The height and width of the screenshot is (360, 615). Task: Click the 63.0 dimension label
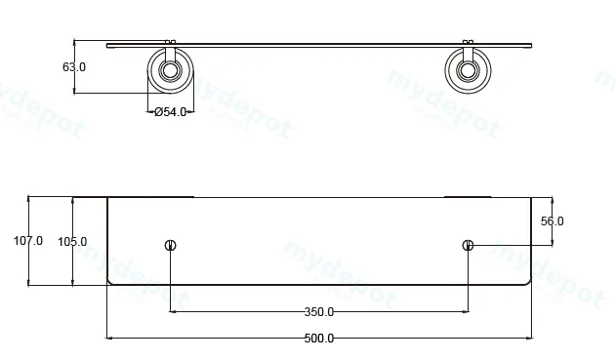74,67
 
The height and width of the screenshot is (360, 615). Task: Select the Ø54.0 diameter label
170,112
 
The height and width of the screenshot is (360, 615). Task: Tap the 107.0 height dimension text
28,240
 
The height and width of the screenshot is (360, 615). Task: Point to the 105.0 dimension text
72,242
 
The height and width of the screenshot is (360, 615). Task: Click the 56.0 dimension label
553,221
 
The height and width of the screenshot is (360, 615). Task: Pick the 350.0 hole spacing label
319,312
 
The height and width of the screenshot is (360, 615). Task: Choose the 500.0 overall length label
319,339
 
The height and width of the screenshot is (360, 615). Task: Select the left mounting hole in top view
170,246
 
